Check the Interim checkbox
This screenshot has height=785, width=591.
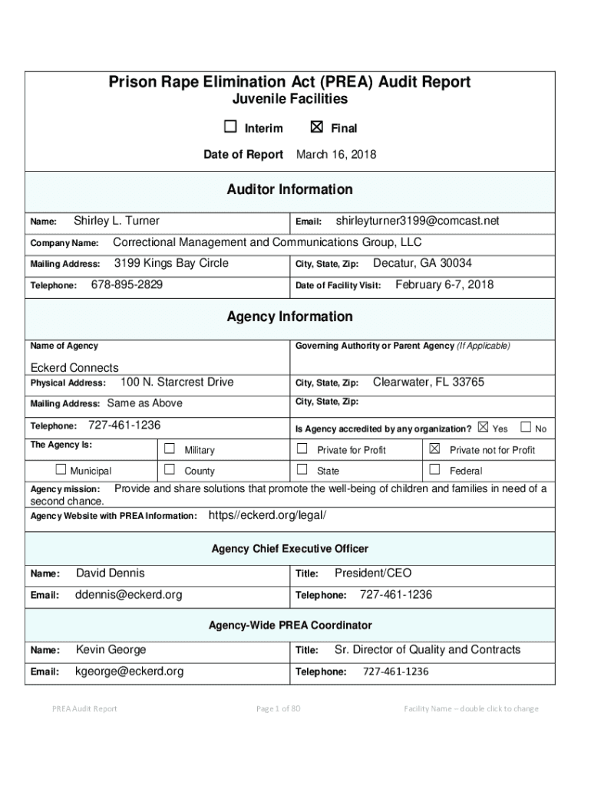pos(229,128)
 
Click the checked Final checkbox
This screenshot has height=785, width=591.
pos(316,128)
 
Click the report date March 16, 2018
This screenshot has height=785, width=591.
pos(336,155)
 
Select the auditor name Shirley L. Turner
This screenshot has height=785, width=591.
pos(116,222)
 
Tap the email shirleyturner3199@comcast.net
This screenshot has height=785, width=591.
pos(418,222)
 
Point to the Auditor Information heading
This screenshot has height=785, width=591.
pos(290,189)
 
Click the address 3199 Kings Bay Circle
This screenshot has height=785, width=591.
pos(171,264)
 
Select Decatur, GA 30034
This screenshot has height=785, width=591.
pos(422,264)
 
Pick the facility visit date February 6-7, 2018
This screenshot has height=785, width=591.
pos(444,285)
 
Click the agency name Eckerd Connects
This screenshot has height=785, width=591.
pos(74,367)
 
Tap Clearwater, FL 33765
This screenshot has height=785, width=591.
pos(428,383)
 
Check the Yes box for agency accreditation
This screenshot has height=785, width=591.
pos(483,427)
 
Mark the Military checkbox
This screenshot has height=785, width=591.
pos(170,449)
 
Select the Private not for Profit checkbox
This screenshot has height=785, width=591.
pos(434,449)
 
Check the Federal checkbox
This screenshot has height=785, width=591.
pos(434,470)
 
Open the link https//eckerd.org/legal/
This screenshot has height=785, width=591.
pos(267,515)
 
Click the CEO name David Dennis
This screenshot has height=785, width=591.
pos(111,573)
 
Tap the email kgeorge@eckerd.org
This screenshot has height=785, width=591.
pos(130,672)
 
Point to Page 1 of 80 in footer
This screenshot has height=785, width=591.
pos(278,708)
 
